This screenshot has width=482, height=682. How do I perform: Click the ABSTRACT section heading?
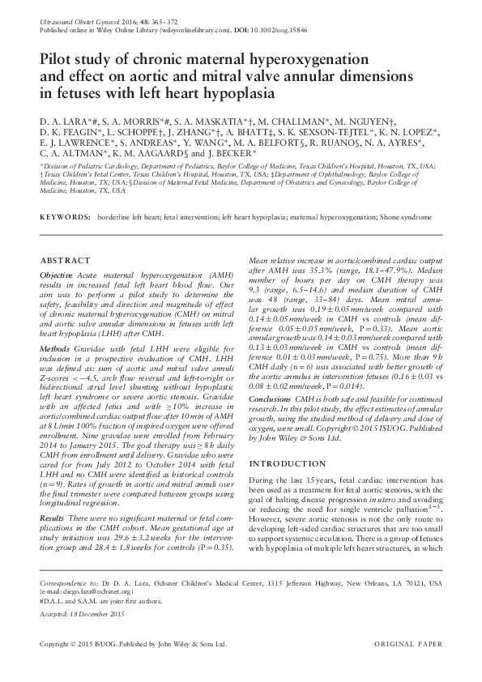pyautogui.click(x=65, y=261)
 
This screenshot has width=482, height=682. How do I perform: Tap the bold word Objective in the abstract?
pyautogui.click(x=58, y=275)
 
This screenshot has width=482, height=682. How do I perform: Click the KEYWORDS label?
pyautogui.click(x=65, y=218)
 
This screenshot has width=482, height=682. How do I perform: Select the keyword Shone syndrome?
pyautogui.click(x=406, y=218)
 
